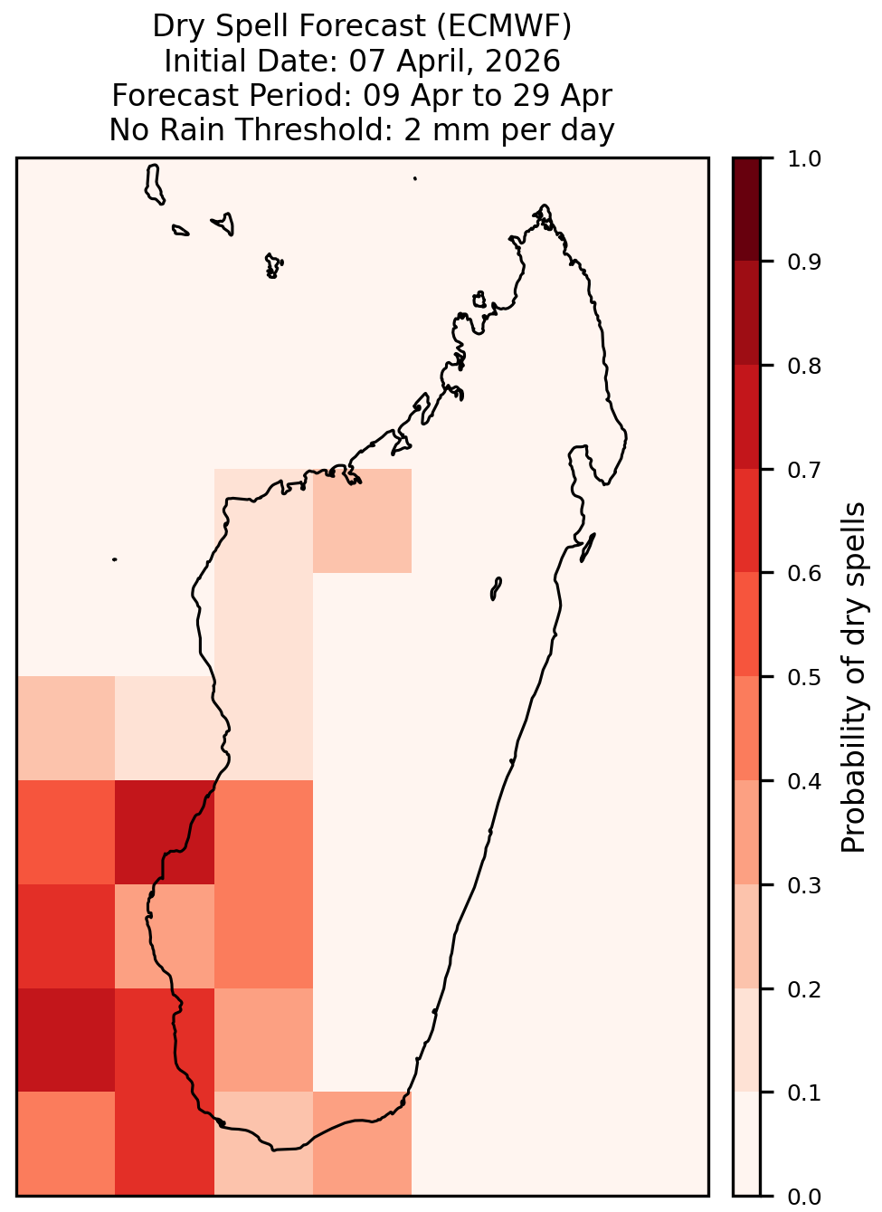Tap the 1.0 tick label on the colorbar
(804, 159)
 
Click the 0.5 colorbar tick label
(804, 677)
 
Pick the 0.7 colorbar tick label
(804, 470)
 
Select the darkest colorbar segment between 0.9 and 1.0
(747, 210)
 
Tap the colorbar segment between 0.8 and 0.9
(747, 313)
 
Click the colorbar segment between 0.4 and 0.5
(747, 728)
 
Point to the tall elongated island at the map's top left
(154, 185)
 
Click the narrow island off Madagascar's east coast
(588, 548)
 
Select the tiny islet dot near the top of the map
(415, 178)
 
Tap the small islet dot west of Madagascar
(115, 559)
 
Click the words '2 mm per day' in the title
(509, 129)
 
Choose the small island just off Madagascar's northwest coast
(479, 300)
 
